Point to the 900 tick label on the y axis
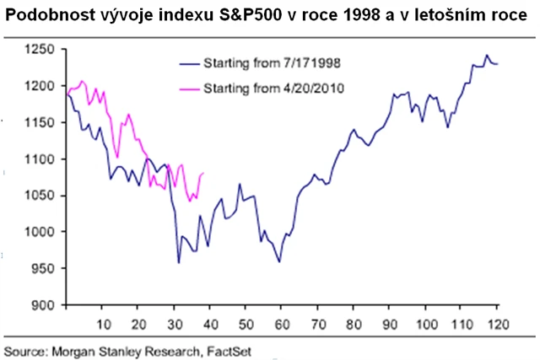coord(43,305)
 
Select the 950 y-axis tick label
coord(43,269)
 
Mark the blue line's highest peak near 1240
coord(487,56)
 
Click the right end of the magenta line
coord(204,174)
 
